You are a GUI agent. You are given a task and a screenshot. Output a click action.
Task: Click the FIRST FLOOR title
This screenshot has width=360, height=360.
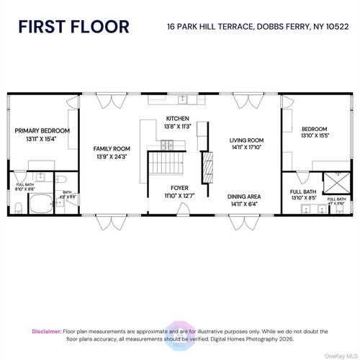point(74,27)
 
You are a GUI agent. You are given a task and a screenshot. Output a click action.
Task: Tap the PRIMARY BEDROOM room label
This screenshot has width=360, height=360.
point(42,130)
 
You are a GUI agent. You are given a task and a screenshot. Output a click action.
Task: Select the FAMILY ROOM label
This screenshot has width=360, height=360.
point(111,148)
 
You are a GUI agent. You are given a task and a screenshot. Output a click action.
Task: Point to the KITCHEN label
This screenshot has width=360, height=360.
point(177,118)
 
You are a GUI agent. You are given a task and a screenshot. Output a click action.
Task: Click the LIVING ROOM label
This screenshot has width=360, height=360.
point(247,140)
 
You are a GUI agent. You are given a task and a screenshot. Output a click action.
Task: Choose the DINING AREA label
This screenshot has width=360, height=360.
point(245,196)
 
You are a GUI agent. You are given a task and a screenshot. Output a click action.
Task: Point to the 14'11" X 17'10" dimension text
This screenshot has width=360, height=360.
point(247,148)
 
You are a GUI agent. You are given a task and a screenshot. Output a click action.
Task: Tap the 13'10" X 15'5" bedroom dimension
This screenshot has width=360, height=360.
point(314,136)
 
